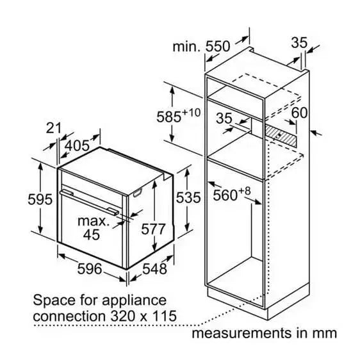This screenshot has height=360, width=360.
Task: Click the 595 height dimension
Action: click(x=40, y=199)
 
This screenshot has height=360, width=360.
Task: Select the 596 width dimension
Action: click(x=90, y=268)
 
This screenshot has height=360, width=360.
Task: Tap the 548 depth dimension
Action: click(x=154, y=268)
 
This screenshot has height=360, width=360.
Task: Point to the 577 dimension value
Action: click(x=153, y=229)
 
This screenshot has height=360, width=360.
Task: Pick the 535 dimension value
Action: click(x=188, y=197)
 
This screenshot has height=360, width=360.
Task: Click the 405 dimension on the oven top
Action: click(x=77, y=145)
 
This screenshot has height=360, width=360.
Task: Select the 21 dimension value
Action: click(x=54, y=128)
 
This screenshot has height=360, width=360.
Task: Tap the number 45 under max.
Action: click(x=92, y=234)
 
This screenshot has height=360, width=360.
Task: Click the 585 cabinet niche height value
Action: click(x=168, y=117)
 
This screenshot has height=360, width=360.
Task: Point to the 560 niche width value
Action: click(x=225, y=195)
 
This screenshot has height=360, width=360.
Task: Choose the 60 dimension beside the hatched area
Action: click(x=299, y=113)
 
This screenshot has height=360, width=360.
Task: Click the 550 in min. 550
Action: click(x=217, y=46)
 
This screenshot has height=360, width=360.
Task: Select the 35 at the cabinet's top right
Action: click(x=299, y=43)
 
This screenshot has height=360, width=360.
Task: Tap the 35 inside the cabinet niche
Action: click(x=224, y=119)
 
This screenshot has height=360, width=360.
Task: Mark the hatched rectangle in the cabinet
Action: click(x=281, y=137)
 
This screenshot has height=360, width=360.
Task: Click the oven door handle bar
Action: click(x=90, y=202)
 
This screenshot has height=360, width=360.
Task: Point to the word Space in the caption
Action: click(x=54, y=301)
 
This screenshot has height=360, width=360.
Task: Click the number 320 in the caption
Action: click(x=122, y=316)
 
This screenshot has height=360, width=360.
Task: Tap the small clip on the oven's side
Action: click(x=138, y=193)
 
